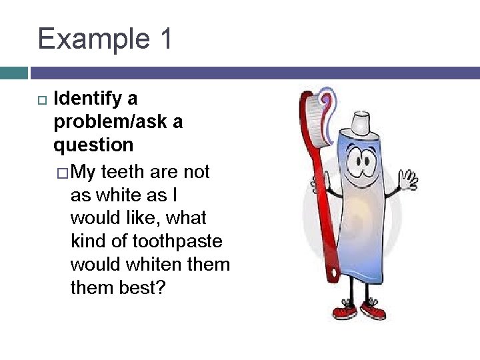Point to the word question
click(93, 145)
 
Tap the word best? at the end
click(139, 287)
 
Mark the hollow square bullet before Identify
click(41, 100)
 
